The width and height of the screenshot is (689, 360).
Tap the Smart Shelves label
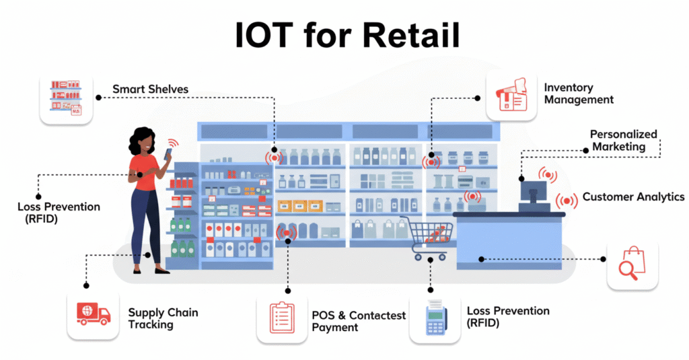coord(150,89)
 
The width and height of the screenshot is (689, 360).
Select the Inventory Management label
coord(579,94)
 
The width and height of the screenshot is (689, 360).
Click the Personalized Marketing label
coord(623,141)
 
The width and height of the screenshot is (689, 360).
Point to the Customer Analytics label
coord(633,197)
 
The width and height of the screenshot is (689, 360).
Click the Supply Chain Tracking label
coord(163,318)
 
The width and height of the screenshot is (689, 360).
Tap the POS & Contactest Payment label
coord(359,320)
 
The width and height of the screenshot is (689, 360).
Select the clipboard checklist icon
coord(281,318)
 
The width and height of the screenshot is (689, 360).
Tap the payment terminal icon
coord(435,318)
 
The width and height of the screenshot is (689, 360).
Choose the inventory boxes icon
coord(511,96)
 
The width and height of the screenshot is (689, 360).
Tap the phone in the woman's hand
coord(168,153)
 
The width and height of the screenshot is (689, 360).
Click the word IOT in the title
coord(267,34)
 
